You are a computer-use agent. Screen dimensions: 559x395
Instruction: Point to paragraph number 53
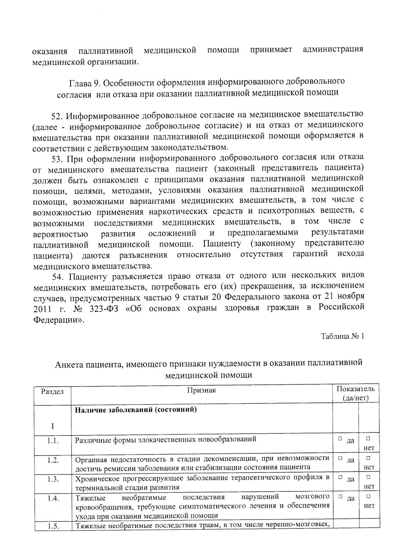pos(58,159)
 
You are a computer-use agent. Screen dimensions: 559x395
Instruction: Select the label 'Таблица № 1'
pos(342,336)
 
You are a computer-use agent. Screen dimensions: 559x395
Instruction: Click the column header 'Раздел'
pos(52,392)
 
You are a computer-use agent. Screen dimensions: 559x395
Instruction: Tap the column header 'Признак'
pos(201,390)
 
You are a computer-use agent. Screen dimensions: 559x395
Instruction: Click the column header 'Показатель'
pos(355,389)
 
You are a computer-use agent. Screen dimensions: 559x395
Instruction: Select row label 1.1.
pos(53,441)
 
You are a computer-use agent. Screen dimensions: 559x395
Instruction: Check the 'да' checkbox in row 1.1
pos(340,439)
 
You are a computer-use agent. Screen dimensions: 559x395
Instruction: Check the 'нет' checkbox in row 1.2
pos(368,458)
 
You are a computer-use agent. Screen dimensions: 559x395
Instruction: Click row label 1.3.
pos(53,479)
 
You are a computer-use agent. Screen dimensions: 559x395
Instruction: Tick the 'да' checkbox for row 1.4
pos(340,496)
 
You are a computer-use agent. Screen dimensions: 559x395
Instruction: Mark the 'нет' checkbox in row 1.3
pos(368,477)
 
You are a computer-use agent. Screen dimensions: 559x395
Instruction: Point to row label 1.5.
pos(53,526)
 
